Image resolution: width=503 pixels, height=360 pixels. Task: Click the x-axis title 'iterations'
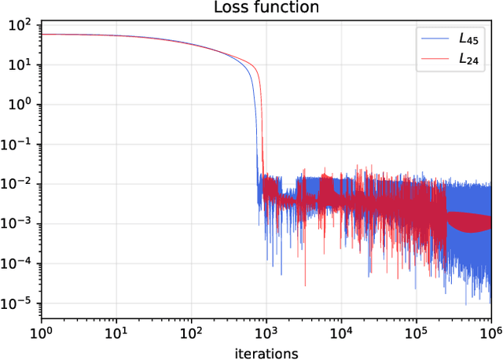coord(266,353)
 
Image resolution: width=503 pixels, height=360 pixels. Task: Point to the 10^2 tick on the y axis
coord(20,24)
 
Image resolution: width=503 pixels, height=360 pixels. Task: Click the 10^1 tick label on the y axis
coord(20,64)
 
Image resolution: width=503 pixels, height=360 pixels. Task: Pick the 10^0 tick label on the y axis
coord(20,105)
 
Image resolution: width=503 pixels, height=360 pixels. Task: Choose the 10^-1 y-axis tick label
coord(17,144)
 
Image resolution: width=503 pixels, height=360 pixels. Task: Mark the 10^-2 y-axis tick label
coord(17,184)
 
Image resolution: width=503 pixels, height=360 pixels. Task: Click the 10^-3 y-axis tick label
coord(17,224)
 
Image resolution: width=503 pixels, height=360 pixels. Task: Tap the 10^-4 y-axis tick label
coord(17,263)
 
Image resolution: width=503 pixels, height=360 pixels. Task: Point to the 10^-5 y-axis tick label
coord(17,303)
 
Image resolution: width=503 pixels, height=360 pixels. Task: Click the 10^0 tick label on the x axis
coord(41,332)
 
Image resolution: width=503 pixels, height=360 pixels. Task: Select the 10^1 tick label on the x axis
coord(116,332)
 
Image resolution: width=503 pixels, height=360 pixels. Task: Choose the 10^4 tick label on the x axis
coord(340,332)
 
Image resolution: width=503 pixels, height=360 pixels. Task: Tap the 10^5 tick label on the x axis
coord(416,332)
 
